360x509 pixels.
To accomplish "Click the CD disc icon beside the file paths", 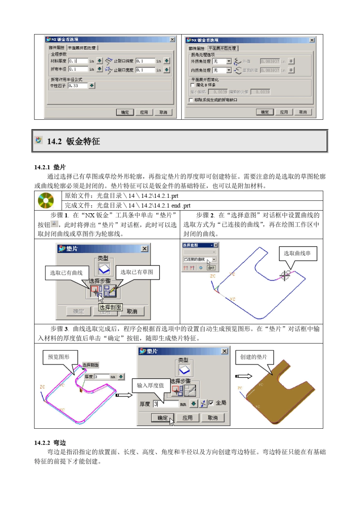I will pos(46,200).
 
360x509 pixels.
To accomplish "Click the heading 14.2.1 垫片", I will pos(50,167).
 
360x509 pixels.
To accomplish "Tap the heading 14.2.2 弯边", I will pos(50,442).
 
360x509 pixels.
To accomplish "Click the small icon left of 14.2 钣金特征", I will pos(39,141).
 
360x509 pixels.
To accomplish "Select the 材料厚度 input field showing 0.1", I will pos(78,61).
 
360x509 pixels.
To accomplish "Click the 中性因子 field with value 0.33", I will pos(78,86).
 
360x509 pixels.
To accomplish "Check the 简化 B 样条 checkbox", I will pos(193,85).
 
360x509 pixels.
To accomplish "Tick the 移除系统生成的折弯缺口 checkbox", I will pos(191,100).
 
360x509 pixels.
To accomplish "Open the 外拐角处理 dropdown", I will pos(229,61).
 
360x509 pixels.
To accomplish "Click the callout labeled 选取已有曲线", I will pos(66,273).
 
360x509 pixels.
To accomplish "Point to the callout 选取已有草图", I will pos(137,272).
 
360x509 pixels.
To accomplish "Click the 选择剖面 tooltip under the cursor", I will pos(110,307).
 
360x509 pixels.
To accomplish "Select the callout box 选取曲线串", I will pos(297,253).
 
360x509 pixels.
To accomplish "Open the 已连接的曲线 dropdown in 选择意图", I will pos(214,259).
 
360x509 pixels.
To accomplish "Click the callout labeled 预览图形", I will pos(59,357).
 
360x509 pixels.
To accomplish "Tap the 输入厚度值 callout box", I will pos(150,385).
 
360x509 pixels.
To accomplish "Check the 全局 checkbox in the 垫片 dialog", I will pos(211,403).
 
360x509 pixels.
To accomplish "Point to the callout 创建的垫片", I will pos(254,357).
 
